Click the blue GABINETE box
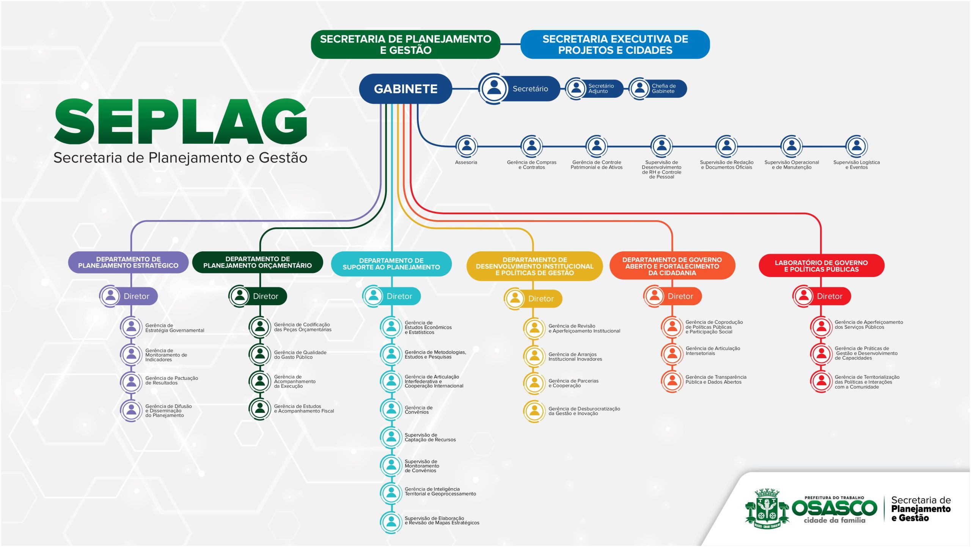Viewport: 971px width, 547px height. coord(405,89)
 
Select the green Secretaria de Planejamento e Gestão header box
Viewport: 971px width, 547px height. coord(405,44)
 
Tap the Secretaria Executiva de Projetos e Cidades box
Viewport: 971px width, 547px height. coord(615,44)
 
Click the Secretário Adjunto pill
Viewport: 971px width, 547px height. coord(594,89)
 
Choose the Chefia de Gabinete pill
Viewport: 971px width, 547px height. coord(658,89)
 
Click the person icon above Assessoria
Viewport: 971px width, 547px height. coord(467,146)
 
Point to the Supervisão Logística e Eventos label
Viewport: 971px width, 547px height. coord(856,165)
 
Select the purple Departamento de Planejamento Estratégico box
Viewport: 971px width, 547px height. coord(128,262)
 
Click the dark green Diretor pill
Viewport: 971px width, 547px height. coord(258,296)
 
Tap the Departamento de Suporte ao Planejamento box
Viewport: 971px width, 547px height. coord(391,264)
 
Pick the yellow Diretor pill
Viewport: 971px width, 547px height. coord(533,299)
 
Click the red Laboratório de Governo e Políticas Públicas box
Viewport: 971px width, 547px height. coord(821,266)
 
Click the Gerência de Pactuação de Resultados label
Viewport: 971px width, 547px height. coord(171,381)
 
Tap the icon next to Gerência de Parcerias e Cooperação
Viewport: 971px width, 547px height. coord(534,383)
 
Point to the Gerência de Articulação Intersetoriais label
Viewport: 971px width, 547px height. coord(712,351)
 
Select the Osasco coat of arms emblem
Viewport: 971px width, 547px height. coord(767,509)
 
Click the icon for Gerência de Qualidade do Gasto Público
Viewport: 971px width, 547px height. coord(260,354)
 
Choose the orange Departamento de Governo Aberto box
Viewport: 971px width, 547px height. coord(672,266)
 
